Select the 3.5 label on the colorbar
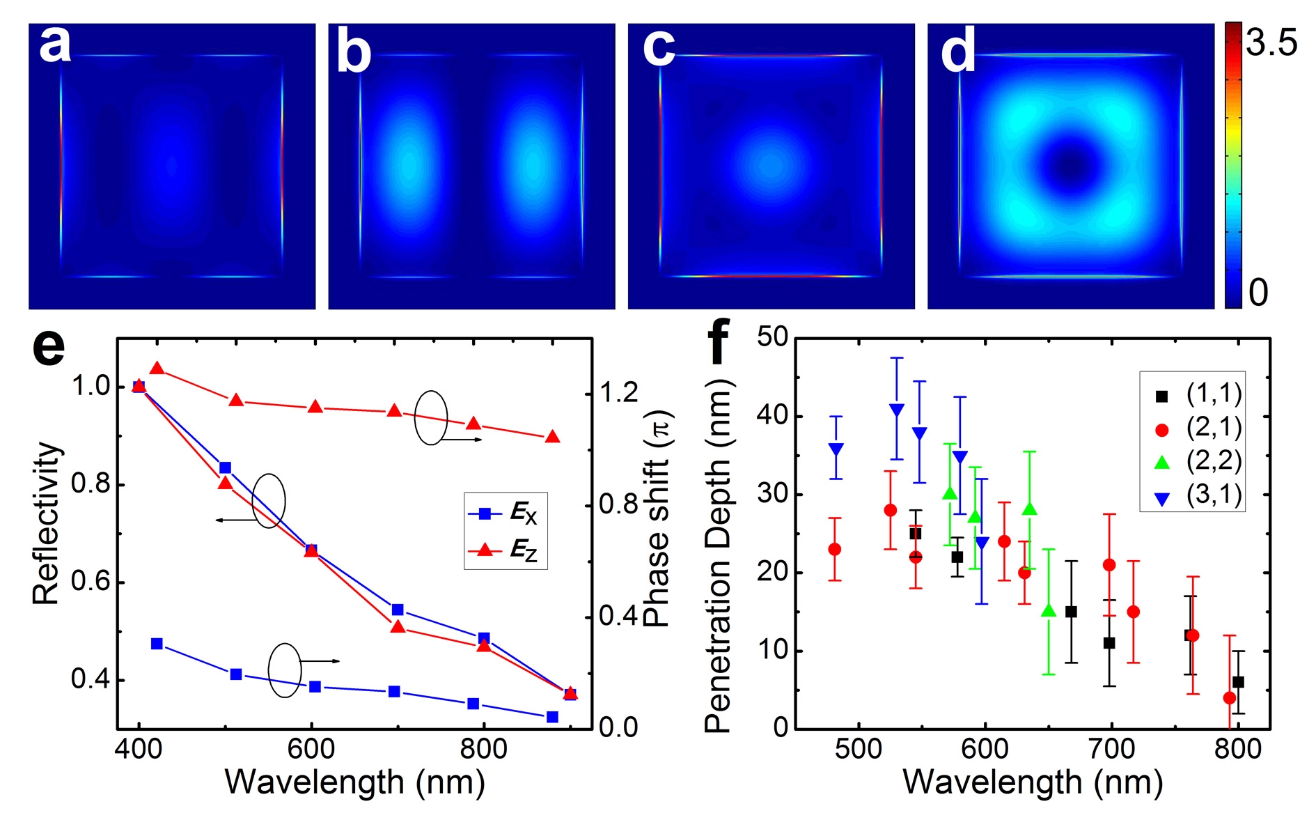(x=1271, y=43)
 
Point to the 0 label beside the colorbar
(x=1258, y=293)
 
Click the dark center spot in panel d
(x=1071, y=166)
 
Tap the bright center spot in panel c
(x=770, y=166)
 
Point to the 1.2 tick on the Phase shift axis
(x=618, y=393)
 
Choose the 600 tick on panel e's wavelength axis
(x=311, y=750)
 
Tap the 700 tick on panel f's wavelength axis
(x=1111, y=749)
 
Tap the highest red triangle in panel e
(x=157, y=368)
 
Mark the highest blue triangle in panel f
(x=897, y=410)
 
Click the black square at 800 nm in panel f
(x=1238, y=682)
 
